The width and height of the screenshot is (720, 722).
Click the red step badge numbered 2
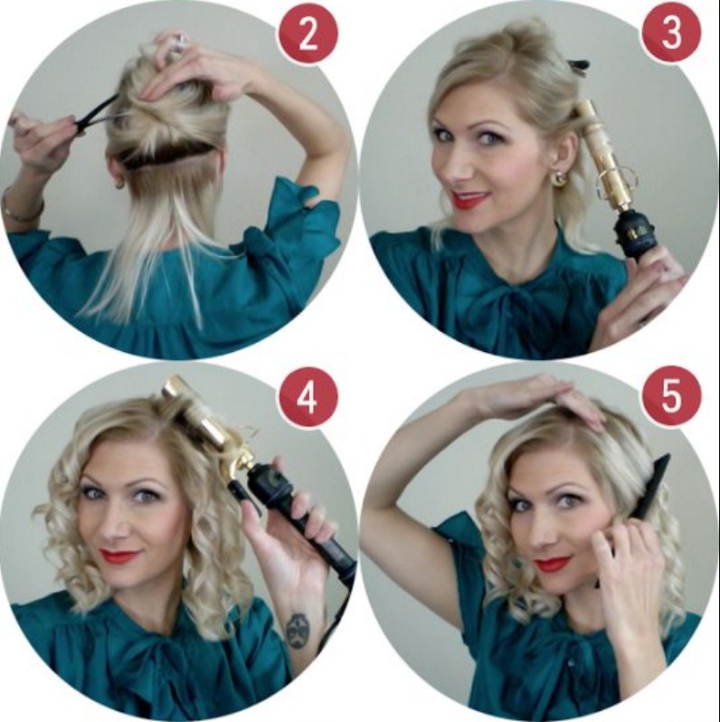click(x=308, y=35)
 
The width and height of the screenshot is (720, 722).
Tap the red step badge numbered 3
click(x=671, y=35)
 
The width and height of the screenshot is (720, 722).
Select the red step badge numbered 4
click(x=308, y=399)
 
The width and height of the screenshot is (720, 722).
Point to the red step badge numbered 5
click(x=671, y=399)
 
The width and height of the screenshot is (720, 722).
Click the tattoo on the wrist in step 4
click(x=297, y=630)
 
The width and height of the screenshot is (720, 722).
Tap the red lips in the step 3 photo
click(x=469, y=199)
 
